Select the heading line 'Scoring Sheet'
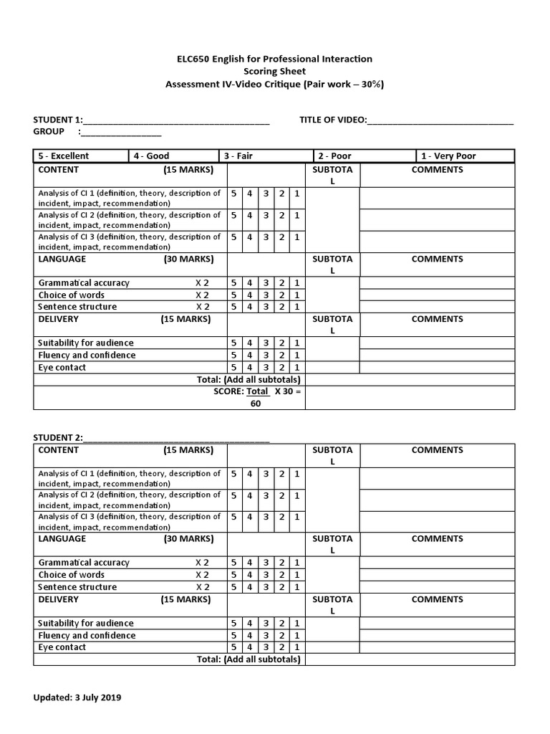pyautogui.click(x=274, y=72)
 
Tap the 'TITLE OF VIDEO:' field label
pyautogui.click(x=332, y=120)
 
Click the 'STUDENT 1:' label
pyautogui.click(x=58, y=120)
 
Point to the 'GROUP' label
pyautogui.click(x=49, y=131)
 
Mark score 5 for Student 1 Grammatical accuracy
pyautogui.click(x=233, y=283)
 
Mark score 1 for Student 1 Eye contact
pyautogui.click(x=296, y=368)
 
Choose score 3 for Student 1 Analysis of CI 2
pyautogui.click(x=265, y=215)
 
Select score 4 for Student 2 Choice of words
pyautogui.click(x=249, y=575)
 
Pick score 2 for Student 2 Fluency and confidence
pyautogui.click(x=281, y=636)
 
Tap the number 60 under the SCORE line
pyautogui.click(x=256, y=404)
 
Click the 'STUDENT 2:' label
pyautogui.click(x=58, y=439)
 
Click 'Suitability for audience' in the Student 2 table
pyautogui.click(x=86, y=624)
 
